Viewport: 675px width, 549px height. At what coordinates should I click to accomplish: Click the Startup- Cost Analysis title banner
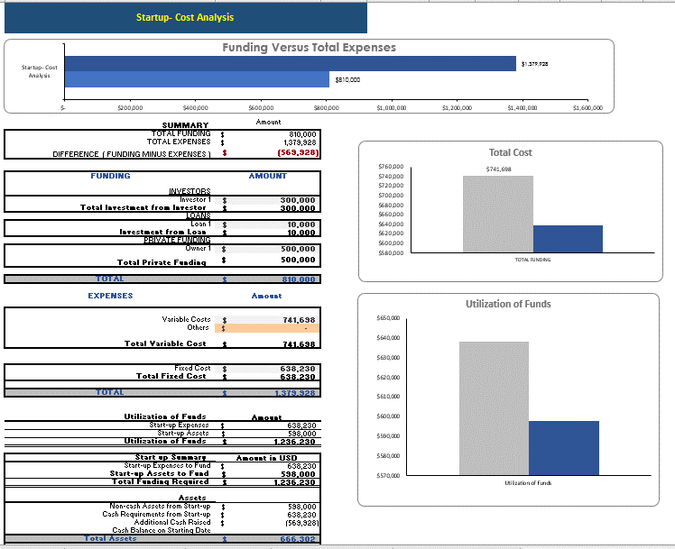coord(184,17)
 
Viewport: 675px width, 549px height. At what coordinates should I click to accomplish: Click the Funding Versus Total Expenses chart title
coord(309,48)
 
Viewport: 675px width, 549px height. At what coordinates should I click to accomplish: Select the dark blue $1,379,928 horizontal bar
coord(290,63)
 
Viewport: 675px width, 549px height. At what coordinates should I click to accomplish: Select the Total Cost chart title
coord(510,152)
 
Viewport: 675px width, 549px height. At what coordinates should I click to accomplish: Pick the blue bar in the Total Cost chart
coord(568,239)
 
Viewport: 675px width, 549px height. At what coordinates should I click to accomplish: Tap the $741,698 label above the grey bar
coord(498,169)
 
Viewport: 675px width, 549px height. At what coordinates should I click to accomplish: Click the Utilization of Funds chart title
coord(508,304)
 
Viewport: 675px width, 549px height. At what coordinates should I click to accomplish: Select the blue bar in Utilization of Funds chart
coord(564,448)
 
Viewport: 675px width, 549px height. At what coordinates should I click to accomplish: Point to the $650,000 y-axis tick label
coord(390,318)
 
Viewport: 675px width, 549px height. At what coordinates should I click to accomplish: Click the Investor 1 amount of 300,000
coord(298,199)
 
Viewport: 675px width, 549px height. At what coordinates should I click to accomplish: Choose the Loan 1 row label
coord(198,223)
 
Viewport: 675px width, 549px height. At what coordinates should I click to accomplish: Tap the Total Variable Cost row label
coord(165,343)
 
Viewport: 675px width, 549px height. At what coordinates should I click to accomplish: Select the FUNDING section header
coord(110,176)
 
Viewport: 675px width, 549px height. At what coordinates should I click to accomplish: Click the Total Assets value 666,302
coord(298,538)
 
